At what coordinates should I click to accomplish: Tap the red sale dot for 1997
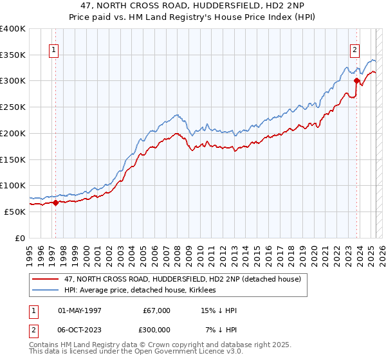tap(55, 203)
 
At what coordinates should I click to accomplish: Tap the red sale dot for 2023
tap(356, 80)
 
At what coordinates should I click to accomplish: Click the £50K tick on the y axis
tap(15, 211)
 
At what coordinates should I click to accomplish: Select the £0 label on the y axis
tap(21, 237)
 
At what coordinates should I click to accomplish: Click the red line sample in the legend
tap(45, 279)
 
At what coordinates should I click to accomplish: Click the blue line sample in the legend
tap(45, 290)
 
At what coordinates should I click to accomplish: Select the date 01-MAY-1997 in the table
tap(80, 310)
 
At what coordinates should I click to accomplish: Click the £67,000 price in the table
tap(156, 310)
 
